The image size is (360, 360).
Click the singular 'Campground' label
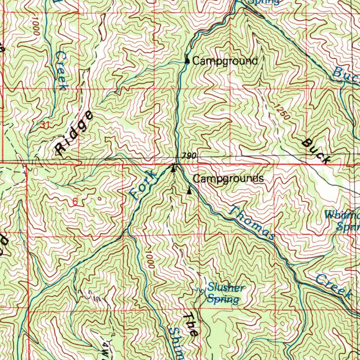225,61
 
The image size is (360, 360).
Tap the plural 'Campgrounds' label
229,179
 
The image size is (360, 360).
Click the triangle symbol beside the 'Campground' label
187,61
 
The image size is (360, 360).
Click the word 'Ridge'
75,133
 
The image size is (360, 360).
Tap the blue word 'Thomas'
251,224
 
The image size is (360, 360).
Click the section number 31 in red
44,124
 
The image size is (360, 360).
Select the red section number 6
75,202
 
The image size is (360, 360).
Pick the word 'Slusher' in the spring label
225,288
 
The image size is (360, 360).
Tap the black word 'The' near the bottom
190,324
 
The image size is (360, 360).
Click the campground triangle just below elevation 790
173,168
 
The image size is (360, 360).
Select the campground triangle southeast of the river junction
189,191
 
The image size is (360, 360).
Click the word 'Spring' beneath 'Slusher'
223,299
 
